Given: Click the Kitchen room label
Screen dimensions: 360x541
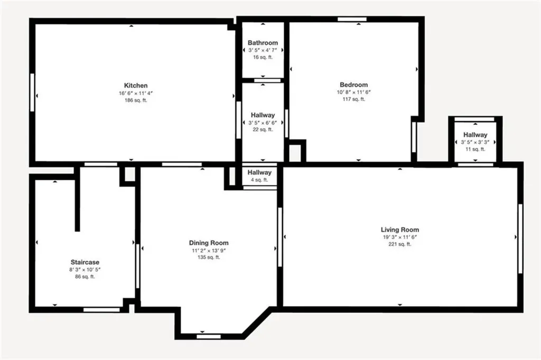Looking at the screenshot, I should point(136,86).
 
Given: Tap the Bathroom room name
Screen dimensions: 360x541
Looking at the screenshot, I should point(263,43).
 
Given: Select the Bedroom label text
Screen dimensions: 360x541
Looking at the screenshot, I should point(353,85).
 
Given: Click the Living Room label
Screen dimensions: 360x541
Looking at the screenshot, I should point(400,229).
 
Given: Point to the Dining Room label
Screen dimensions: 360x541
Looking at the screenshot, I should point(209,243).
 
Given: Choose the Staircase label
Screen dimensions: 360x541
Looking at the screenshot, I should point(85,262).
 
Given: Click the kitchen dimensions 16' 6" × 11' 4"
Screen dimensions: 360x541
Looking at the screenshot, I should point(136,93).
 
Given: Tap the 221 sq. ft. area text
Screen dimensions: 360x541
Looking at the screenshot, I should point(400,244).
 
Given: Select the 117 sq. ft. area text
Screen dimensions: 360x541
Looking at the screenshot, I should point(353,99).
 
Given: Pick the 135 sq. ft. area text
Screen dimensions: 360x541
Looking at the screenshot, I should point(209,257).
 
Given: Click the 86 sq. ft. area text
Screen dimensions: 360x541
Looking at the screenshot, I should point(85,276).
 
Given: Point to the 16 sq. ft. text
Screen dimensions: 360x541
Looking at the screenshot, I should point(263,57).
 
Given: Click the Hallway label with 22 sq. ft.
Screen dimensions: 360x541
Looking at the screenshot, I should point(263,115).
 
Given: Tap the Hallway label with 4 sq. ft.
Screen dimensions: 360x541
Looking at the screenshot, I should point(259,172).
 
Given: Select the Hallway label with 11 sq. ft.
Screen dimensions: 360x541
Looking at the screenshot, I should point(475,135).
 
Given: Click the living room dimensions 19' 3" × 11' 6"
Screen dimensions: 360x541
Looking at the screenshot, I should point(400,237).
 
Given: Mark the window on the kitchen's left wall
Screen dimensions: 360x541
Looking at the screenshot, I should point(32,92).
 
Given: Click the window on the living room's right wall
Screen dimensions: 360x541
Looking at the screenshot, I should point(520,238).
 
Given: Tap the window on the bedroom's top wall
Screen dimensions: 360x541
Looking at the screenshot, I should point(352,20).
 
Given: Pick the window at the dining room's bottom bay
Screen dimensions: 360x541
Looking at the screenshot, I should point(209,336).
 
